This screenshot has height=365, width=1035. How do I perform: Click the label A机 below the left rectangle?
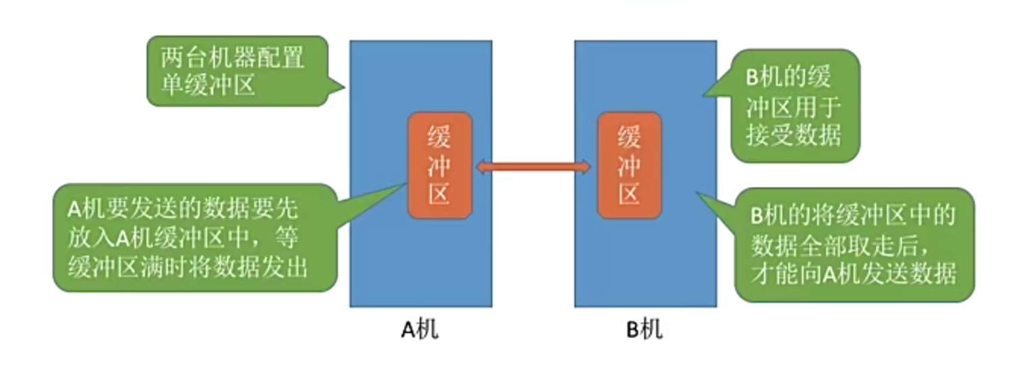[x=420, y=331]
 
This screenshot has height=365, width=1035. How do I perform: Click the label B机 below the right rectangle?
[x=644, y=331]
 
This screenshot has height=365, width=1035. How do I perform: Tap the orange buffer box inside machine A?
[x=439, y=165]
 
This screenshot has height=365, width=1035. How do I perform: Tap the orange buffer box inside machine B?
[x=630, y=165]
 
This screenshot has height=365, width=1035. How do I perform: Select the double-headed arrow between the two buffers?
[x=534, y=165]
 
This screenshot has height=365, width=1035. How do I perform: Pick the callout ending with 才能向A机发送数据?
[x=854, y=245]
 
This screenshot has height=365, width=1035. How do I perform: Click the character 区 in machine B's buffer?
[x=630, y=194]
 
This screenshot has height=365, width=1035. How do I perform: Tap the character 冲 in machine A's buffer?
[x=439, y=165]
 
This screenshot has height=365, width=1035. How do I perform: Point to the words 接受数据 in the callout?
[x=793, y=136]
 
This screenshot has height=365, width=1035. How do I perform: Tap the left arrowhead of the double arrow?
[x=481, y=165]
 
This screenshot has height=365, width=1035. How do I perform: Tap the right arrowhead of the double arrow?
[x=586, y=165]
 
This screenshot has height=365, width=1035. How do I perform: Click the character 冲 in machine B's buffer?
[x=630, y=165]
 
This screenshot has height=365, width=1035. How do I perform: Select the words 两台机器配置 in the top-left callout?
[x=232, y=57]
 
